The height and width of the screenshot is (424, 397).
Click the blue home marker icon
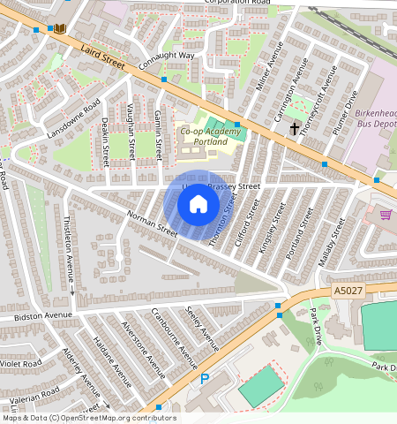pyautogui.click(x=198, y=205)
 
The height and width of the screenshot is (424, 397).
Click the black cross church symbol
pyautogui.click(x=294, y=129)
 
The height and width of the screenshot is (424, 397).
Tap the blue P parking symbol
pyautogui.click(x=205, y=380)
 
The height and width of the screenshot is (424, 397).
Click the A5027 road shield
pyautogui.click(x=349, y=290)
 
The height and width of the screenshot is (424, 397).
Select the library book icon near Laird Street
pyautogui.click(x=60, y=29)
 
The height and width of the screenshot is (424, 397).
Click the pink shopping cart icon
pyautogui.click(x=386, y=214)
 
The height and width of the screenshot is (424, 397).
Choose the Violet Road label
pyautogui.click(x=19, y=363)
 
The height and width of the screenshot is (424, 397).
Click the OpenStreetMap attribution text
pyautogui.click(x=88, y=418)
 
